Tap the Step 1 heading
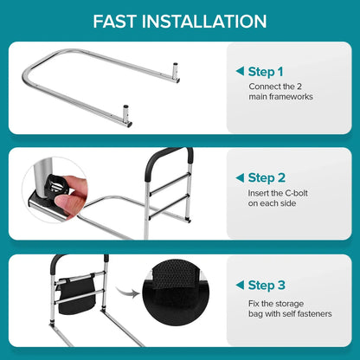(265, 72)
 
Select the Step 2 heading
(265, 177)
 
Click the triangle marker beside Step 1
(239, 72)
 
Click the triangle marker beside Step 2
(239, 177)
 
